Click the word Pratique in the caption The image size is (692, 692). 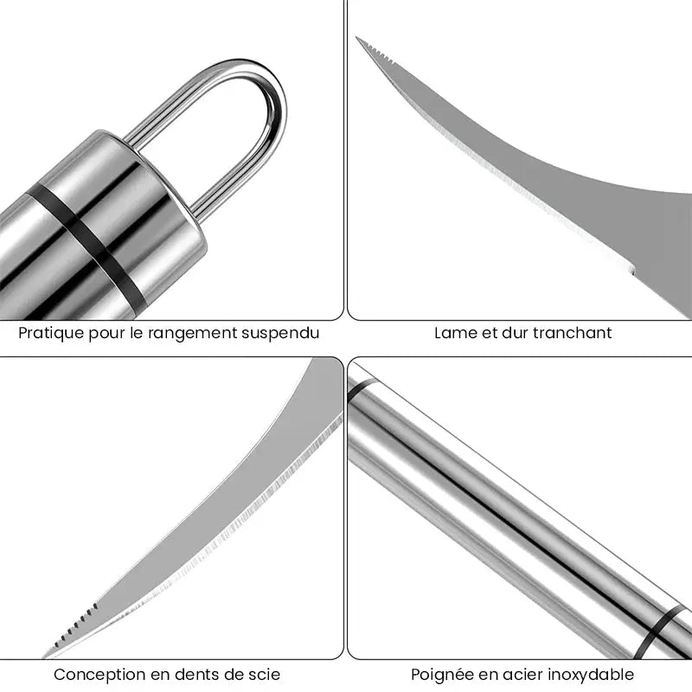point(48,333)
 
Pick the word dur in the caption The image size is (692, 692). point(516,333)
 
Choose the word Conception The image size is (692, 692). point(99,675)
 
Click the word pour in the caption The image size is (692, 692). point(101,333)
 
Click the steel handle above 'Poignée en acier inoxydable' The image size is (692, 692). point(510,510)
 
